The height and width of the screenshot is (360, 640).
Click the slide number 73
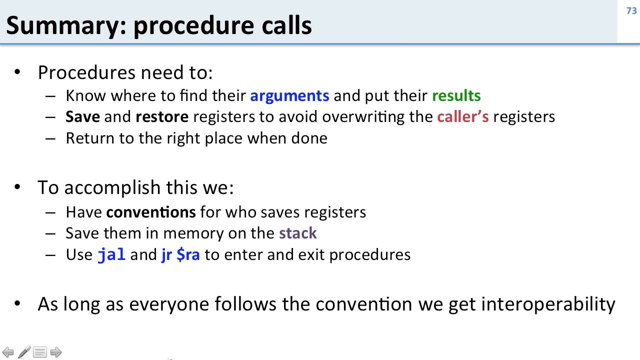point(631,10)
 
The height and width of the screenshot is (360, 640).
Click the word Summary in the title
point(62,25)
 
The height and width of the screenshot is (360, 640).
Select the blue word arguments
point(289,95)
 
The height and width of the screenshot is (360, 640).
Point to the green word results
point(456,95)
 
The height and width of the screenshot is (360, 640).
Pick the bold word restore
point(162,116)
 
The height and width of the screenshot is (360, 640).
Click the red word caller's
point(462,116)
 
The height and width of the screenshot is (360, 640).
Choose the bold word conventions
point(150,212)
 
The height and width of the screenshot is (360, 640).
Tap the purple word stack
point(298,233)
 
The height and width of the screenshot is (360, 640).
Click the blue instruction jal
point(111,254)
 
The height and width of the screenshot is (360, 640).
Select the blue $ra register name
point(188,254)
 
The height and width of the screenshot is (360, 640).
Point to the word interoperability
point(548,303)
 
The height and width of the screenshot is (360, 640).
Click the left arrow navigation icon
point(8,352)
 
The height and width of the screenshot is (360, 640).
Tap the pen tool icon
point(24,352)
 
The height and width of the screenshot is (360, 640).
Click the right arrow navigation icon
point(56,352)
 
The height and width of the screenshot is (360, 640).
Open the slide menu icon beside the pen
point(40,352)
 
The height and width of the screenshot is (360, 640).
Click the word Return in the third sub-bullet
point(90,138)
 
